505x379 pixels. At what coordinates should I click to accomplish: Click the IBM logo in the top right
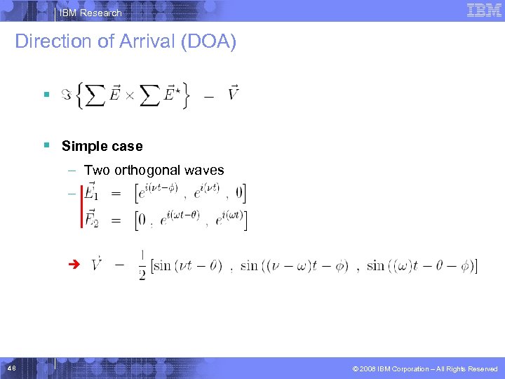pos(483,11)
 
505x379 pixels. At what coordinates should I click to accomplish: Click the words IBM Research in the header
pos(90,13)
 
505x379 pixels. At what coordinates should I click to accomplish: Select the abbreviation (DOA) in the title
pos(208,41)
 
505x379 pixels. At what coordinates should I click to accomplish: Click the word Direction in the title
pos(54,41)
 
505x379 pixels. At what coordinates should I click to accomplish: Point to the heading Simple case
pos(102,146)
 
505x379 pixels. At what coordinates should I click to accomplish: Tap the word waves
pos(204,170)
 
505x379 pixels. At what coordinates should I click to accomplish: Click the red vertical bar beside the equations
pos(81,205)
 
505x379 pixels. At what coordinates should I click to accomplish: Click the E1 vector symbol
pos(91,192)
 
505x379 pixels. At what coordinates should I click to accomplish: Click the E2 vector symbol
pos(91,219)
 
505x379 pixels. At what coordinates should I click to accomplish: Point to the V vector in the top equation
pos(234,93)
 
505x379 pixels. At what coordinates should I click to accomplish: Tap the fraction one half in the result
pos(142,266)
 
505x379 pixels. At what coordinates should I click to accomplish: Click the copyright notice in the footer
pos(426,368)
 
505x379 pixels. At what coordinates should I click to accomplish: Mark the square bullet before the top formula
pos(46,93)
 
